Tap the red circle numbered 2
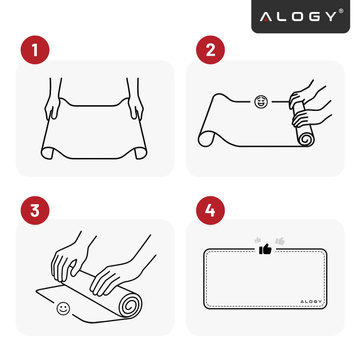click(x=211, y=49)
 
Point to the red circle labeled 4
click(x=211, y=211)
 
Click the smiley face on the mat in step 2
click(x=262, y=102)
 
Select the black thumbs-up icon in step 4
click(x=265, y=249)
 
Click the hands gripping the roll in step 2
click(x=305, y=100)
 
